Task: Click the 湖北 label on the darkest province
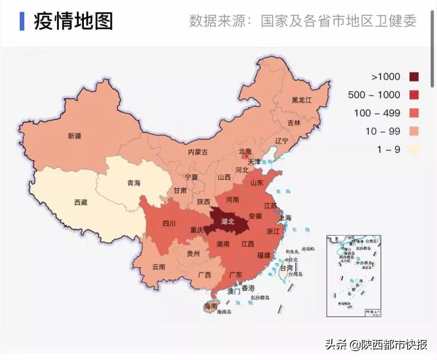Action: pyautogui.click(x=228, y=221)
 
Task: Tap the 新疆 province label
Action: pyautogui.click(x=74, y=136)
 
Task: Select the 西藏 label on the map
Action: pyautogui.click(x=81, y=202)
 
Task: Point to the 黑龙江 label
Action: pyautogui.click(x=302, y=100)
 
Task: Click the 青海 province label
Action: pyautogui.click(x=134, y=183)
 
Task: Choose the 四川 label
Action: pyautogui.click(x=169, y=223)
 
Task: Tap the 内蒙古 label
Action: pyautogui.click(x=198, y=152)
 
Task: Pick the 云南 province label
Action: pyautogui.click(x=159, y=267)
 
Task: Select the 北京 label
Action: pyautogui.click(x=245, y=151)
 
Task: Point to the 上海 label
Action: pyautogui.click(x=285, y=218)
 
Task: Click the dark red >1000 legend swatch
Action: pyautogui.click(x=414, y=77)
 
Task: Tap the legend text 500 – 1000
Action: pyautogui.click(x=374, y=95)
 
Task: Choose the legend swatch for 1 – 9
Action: pyautogui.click(x=414, y=150)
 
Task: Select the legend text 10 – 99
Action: pyautogui.click(x=382, y=131)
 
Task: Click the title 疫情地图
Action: pyautogui.click(x=73, y=21)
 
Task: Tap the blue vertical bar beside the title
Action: pyautogui.click(x=22, y=21)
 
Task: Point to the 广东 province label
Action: pyautogui.click(x=235, y=275)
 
